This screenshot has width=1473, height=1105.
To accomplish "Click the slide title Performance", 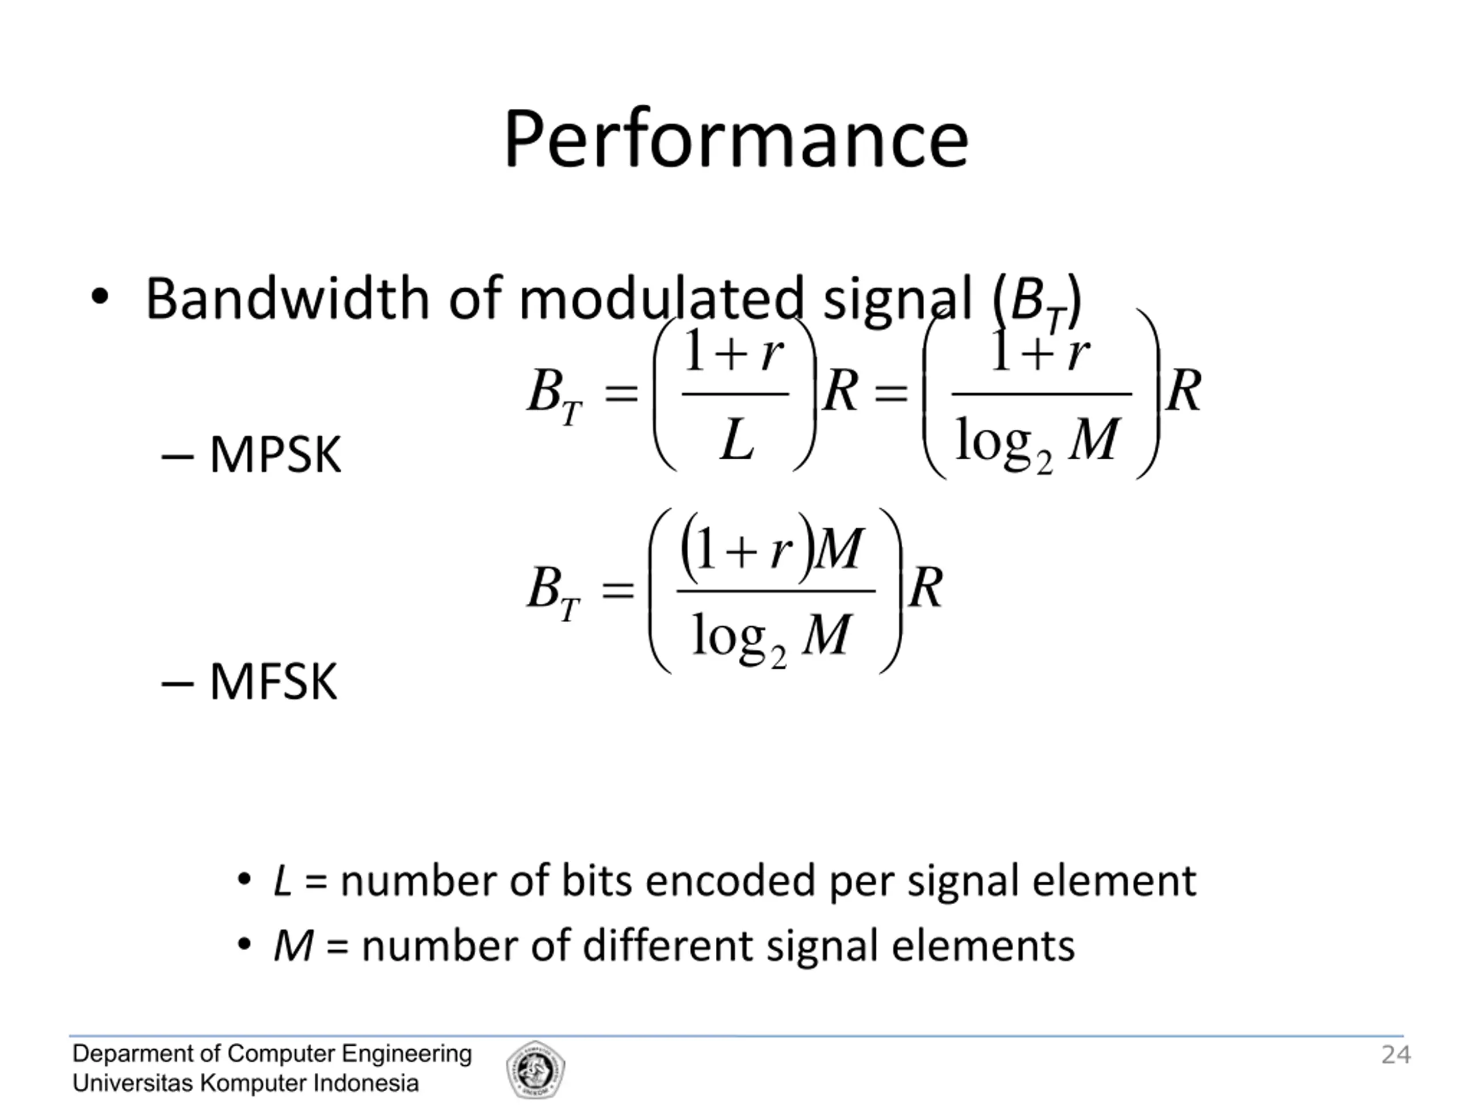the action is [736, 140].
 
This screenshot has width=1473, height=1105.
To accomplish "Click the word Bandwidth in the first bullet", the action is [287, 299].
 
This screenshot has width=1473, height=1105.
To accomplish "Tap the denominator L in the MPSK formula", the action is [736, 440].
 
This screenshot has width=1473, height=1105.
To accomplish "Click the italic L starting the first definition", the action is [283, 881].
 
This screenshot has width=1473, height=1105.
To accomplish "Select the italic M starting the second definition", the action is [293, 945].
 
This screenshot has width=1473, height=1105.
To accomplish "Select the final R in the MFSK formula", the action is [926, 588].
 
